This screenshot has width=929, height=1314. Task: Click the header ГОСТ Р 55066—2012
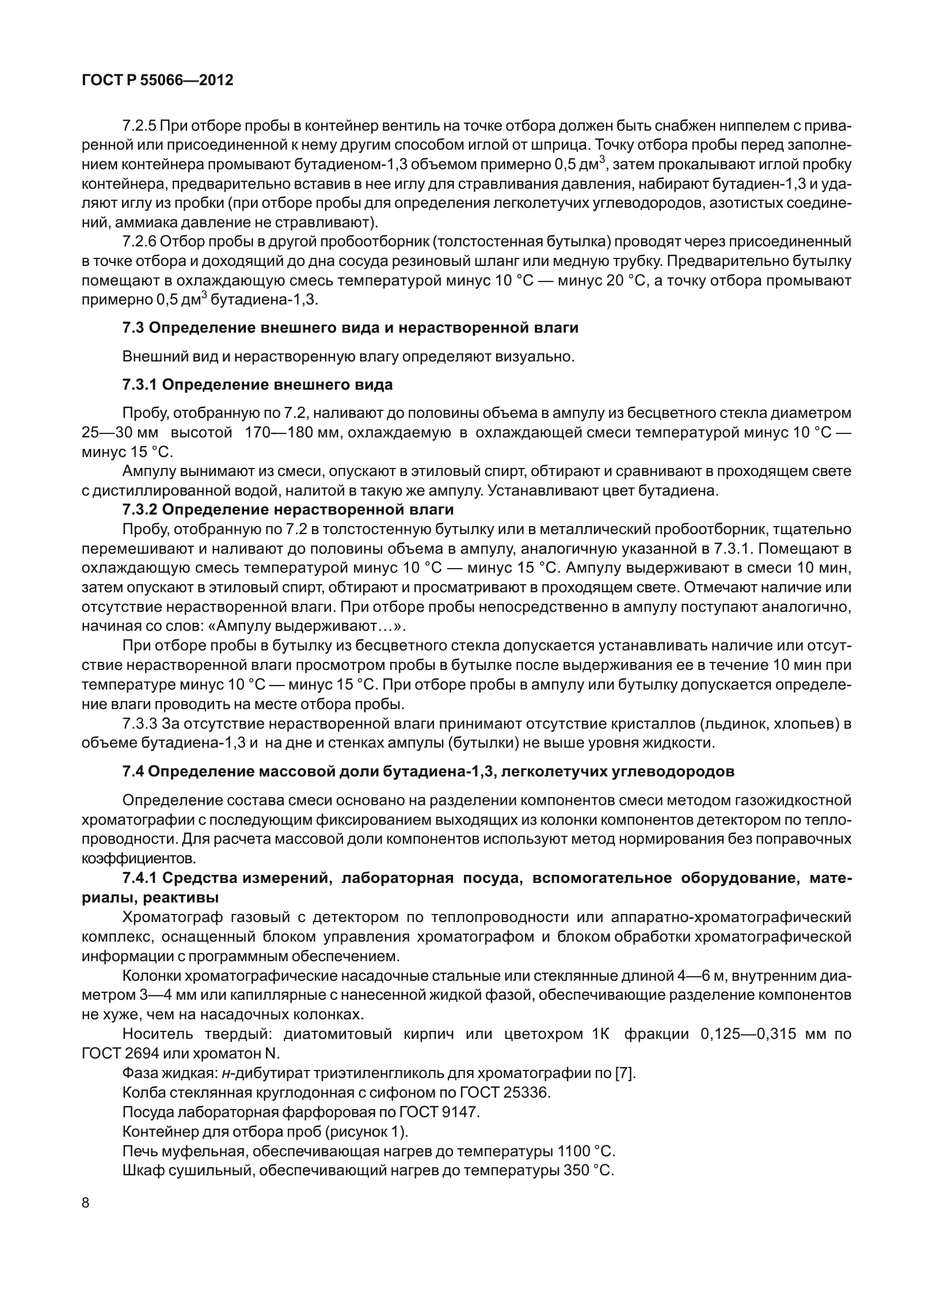(x=158, y=81)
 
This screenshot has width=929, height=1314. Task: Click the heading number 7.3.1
(x=139, y=385)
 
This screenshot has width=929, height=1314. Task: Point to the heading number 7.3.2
(x=139, y=509)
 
